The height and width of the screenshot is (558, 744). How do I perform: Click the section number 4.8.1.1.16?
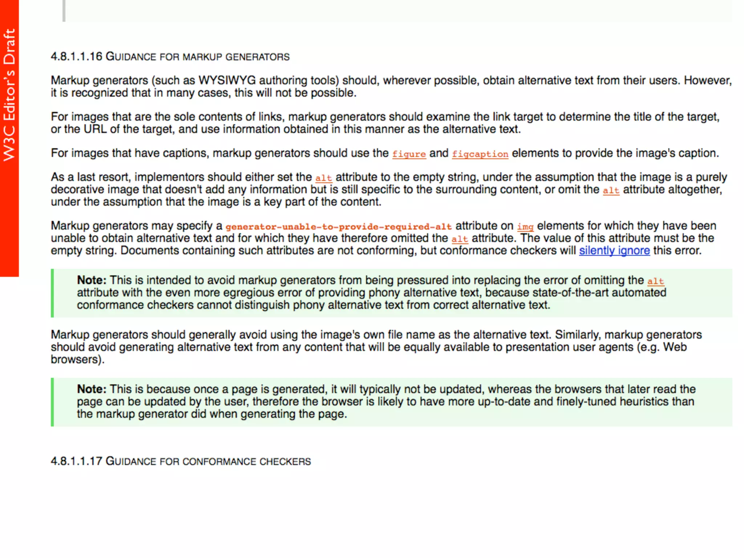point(76,57)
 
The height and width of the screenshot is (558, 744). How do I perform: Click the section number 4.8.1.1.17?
point(76,461)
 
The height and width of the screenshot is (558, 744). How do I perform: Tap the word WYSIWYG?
point(227,80)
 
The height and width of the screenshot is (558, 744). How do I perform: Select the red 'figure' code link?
point(409,154)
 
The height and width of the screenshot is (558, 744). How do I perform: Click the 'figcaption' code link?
point(480,154)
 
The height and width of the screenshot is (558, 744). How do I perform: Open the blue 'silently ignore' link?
point(614,250)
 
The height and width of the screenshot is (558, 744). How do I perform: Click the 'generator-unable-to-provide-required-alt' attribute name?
point(339,226)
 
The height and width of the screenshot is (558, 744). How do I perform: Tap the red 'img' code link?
point(525,226)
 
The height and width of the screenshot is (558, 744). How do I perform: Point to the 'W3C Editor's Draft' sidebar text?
point(9,94)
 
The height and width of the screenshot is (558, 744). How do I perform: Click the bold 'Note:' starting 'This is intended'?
point(92,280)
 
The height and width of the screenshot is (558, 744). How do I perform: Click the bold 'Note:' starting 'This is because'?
point(92,389)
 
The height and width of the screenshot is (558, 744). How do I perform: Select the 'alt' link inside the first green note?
point(655,281)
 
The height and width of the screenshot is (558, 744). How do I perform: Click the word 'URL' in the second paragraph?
point(95,129)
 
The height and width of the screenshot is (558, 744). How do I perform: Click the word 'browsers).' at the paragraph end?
point(77,359)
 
